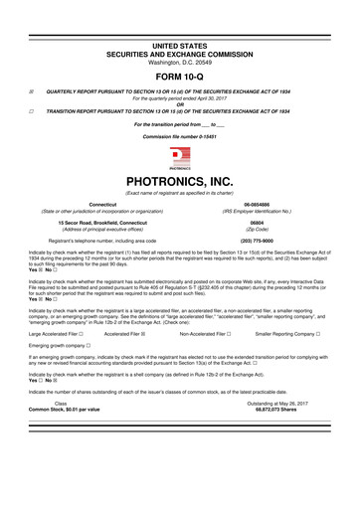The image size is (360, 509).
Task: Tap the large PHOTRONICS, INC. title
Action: [x=180, y=182]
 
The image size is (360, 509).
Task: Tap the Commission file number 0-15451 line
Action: [x=180, y=136]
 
